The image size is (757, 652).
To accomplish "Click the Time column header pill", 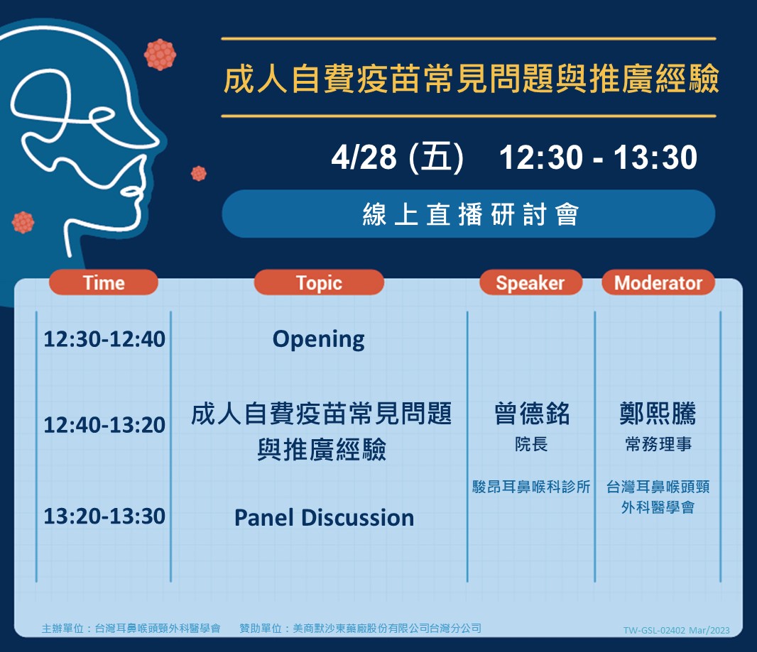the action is tap(103, 282).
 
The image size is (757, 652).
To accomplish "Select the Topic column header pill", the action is tap(319, 282).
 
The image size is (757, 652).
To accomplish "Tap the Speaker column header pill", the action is tap(530, 282).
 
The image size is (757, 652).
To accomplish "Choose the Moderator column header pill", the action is tap(658, 282).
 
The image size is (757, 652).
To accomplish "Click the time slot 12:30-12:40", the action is tap(104, 339).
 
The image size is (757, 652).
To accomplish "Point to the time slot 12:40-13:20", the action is tap(104, 425).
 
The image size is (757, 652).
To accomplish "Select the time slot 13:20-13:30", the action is tap(104, 516).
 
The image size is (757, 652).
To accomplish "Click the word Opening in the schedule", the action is tap(319, 340).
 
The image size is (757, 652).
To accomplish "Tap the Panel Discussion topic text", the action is tap(324, 517).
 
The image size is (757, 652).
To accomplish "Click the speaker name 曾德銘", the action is tap(532, 414).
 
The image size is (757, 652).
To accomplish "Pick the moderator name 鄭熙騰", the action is tap(658, 414).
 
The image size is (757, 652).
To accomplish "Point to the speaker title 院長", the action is tap(531, 443).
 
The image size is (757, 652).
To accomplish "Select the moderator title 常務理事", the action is tap(658, 443).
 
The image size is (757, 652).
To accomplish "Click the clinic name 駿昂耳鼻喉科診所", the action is tap(531, 487).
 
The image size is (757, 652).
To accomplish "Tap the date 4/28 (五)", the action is tap(398, 158).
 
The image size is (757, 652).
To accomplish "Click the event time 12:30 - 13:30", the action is tap(598, 158).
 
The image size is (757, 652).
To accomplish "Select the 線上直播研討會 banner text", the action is tap(471, 214).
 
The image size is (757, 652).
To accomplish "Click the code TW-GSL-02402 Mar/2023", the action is tap(676, 630).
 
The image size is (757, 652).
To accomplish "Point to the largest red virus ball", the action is tap(160, 55).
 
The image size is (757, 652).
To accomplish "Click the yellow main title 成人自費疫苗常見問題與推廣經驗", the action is tap(472, 79).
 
